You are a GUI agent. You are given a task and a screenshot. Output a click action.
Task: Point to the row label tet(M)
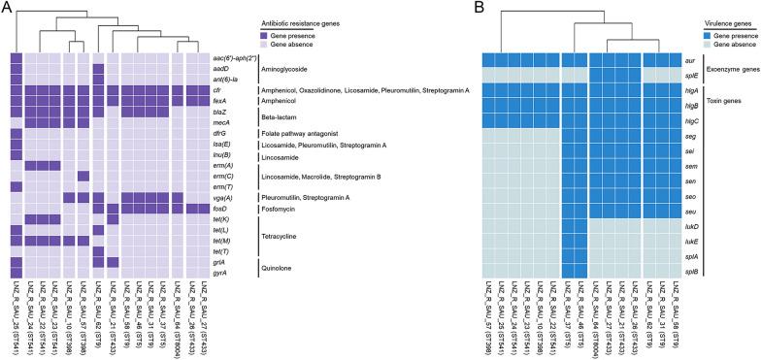(x=220, y=241)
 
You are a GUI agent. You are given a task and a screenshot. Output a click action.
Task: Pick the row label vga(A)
(x=220, y=198)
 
